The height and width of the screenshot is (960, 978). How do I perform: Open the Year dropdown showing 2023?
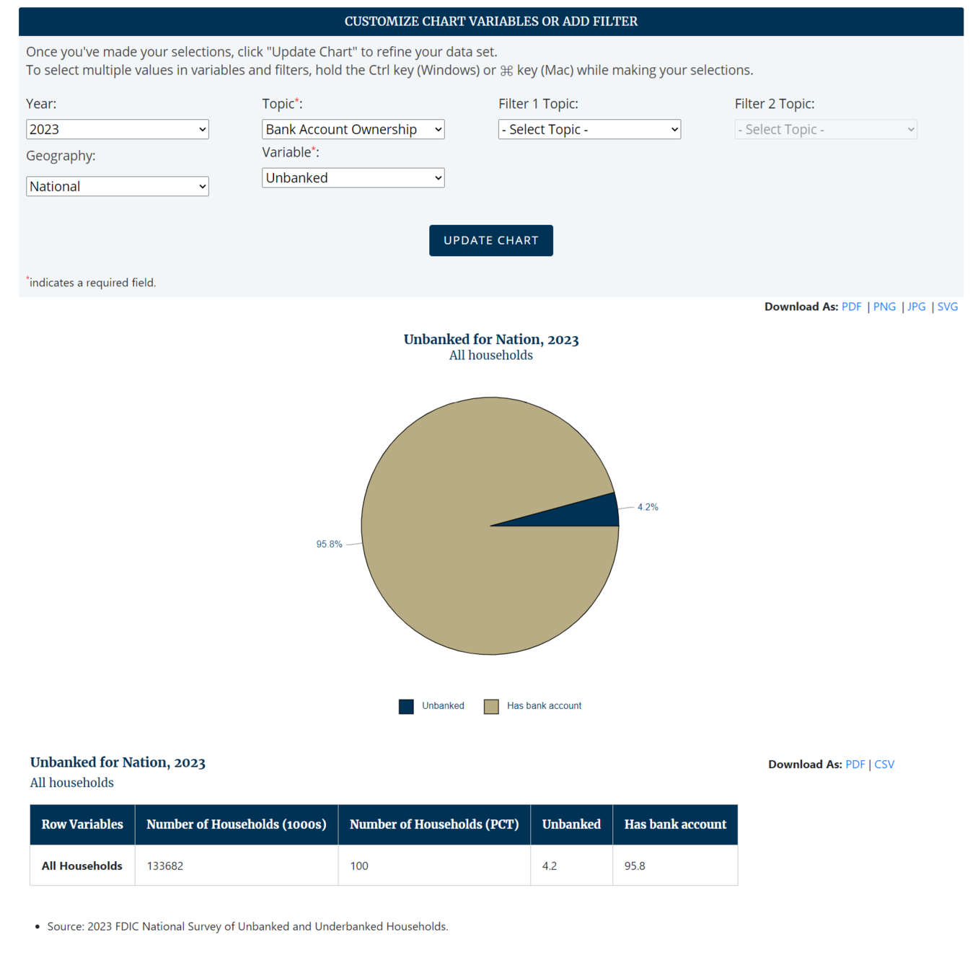coord(117,129)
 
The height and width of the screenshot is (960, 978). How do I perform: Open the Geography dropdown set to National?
coord(117,186)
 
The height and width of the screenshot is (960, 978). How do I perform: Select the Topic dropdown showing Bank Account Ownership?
coord(353,129)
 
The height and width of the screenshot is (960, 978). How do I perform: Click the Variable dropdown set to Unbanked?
coord(353,178)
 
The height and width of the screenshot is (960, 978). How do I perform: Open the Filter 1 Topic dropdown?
coord(589,129)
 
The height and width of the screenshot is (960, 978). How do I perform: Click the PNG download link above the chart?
coord(884,307)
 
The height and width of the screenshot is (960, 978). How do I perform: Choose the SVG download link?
coord(947,307)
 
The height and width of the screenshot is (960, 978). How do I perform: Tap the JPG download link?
coord(916,307)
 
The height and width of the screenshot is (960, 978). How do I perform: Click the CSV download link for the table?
coord(884,765)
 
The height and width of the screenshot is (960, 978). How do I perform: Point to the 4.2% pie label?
coord(648,507)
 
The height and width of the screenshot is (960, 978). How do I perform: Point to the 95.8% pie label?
coord(329,544)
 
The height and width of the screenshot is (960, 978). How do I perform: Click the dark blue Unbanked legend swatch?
coord(406,706)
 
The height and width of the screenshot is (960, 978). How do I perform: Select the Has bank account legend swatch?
coord(491,706)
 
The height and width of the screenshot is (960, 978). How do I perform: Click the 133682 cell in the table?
coord(165,866)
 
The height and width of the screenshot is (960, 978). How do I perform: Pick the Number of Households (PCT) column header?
coord(434,824)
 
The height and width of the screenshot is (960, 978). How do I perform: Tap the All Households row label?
coord(82,866)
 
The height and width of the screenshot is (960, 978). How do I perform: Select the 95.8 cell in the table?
coord(635,866)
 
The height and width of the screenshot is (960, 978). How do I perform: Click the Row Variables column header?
coord(82,824)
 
